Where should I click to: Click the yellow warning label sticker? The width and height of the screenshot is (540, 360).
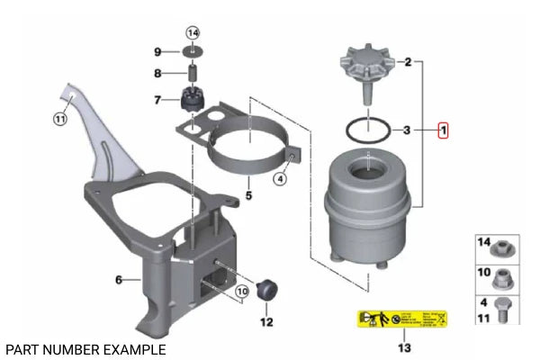403,319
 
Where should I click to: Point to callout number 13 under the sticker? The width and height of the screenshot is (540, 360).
404,347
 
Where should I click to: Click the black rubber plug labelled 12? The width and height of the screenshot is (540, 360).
265,290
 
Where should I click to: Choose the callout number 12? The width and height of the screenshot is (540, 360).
265,321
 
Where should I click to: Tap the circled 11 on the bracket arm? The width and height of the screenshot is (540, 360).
60,118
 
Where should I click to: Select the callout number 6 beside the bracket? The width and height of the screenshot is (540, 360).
118,280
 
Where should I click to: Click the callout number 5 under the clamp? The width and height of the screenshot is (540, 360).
248,192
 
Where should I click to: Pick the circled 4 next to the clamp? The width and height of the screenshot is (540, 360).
280,178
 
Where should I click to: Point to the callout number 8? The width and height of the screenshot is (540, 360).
157,74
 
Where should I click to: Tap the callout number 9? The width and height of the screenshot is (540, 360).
157,51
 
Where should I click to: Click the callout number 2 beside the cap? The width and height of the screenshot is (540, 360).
407,62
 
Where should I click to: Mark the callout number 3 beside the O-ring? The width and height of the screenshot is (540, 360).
407,130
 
